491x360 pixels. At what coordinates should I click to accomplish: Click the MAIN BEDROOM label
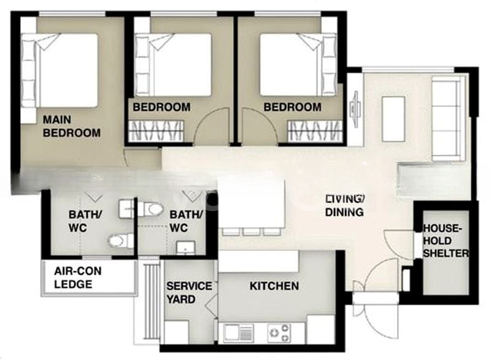(x=72, y=126)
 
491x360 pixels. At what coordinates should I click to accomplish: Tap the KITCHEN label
(x=274, y=286)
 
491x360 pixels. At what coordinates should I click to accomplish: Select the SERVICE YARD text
(x=189, y=293)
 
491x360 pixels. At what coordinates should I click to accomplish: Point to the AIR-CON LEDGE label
(x=78, y=277)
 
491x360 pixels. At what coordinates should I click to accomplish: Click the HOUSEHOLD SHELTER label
(x=446, y=240)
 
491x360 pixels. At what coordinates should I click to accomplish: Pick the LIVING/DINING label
(x=345, y=205)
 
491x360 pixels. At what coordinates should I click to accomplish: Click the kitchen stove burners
(x=278, y=333)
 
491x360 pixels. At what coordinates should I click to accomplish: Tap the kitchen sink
(x=239, y=332)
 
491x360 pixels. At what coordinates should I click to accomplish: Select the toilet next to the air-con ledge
(x=120, y=240)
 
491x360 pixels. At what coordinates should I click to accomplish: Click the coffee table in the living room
(x=393, y=119)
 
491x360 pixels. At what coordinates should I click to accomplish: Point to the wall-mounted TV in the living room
(x=355, y=109)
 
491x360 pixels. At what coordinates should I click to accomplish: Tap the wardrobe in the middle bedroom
(x=156, y=131)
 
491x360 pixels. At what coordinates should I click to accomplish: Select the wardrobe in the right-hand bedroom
(x=315, y=131)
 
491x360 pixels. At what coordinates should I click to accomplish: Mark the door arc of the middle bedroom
(x=207, y=118)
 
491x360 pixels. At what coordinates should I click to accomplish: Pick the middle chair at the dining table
(x=252, y=231)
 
